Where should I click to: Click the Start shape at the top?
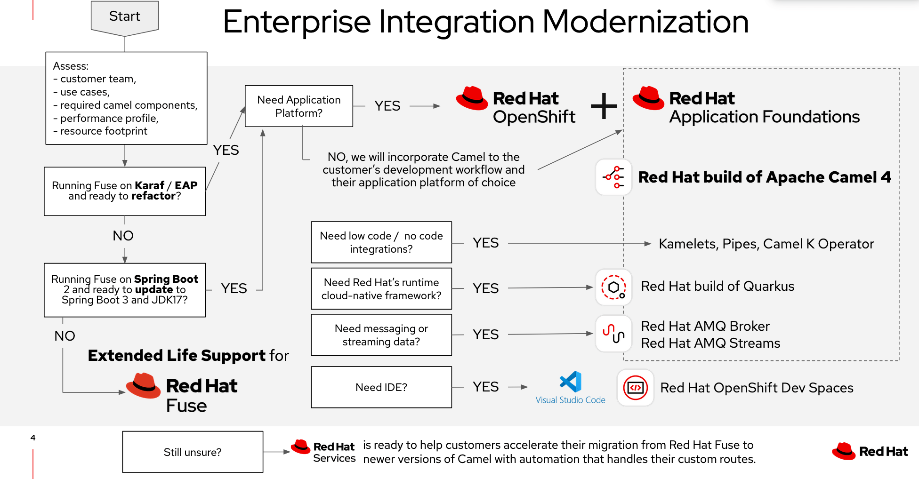click(125, 17)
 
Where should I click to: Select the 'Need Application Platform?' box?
click(299, 106)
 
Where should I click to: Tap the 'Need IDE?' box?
click(381, 387)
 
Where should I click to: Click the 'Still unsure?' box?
click(193, 452)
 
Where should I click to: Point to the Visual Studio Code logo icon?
click(571, 382)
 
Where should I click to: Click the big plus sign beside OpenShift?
click(604, 106)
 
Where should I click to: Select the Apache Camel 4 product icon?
click(613, 177)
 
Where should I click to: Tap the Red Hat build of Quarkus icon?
click(613, 287)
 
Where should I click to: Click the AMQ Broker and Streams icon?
click(613, 334)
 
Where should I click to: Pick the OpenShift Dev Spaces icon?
click(635, 388)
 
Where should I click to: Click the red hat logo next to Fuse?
click(144, 386)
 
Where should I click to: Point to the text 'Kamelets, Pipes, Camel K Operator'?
click(766, 244)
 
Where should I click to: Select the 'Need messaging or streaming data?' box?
click(381, 335)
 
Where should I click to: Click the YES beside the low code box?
click(485, 243)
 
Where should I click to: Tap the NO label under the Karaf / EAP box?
click(123, 236)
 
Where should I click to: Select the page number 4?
click(33, 438)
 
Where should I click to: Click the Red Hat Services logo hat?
click(300, 447)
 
